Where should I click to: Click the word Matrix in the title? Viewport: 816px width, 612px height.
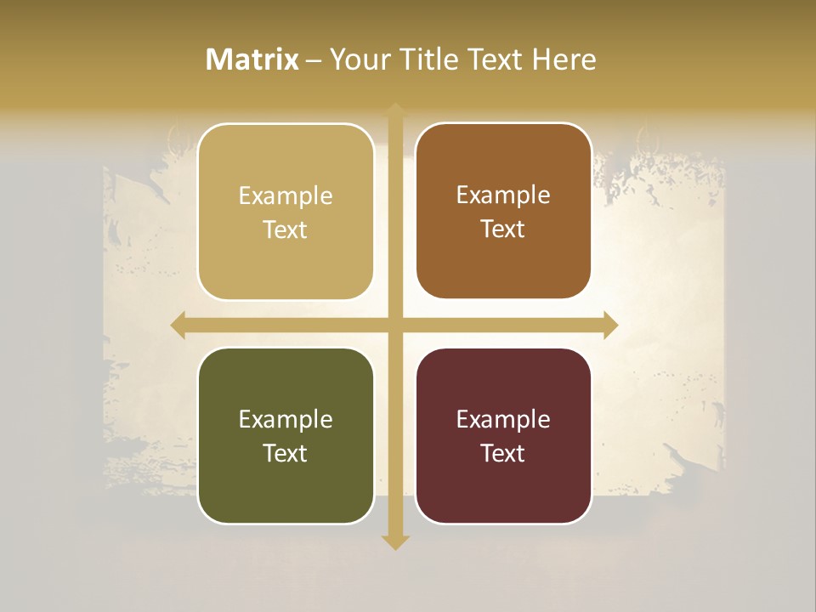coord(252,59)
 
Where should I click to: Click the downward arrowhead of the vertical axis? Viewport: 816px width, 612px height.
coord(395,542)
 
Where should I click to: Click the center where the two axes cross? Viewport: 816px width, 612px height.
coord(395,325)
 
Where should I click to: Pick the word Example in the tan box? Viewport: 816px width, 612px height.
coord(286,196)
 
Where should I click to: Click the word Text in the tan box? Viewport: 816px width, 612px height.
coord(286,229)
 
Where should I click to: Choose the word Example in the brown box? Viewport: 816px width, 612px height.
coord(503,195)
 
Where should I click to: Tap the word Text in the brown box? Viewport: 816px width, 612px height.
coord(503,229)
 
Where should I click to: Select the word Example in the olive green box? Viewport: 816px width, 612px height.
coord(286,420)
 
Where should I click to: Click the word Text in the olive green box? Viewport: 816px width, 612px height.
coord(286,453)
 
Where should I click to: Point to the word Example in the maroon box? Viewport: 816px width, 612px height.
coord(503,420)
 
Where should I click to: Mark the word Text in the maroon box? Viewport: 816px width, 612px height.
coord(503,453)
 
